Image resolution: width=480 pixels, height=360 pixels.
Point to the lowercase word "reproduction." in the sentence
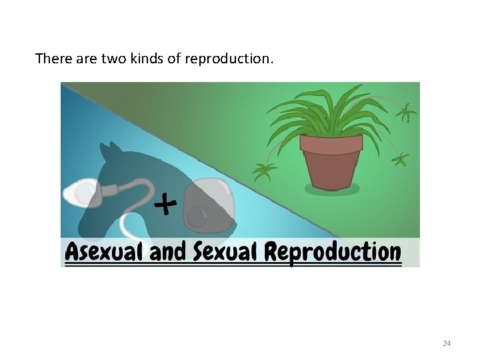[x=229, y=59]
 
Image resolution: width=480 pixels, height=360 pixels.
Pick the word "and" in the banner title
[x=167, y=252]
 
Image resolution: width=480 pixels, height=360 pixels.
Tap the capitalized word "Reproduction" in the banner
[x=333, y=252]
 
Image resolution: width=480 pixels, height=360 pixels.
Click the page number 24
[x=447, y=343]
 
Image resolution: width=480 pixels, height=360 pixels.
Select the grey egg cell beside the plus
[x=208, y=203]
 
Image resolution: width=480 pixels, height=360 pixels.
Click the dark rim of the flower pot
[x=331, y=142]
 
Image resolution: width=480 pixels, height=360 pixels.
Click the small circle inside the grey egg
[x=197, y=216]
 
